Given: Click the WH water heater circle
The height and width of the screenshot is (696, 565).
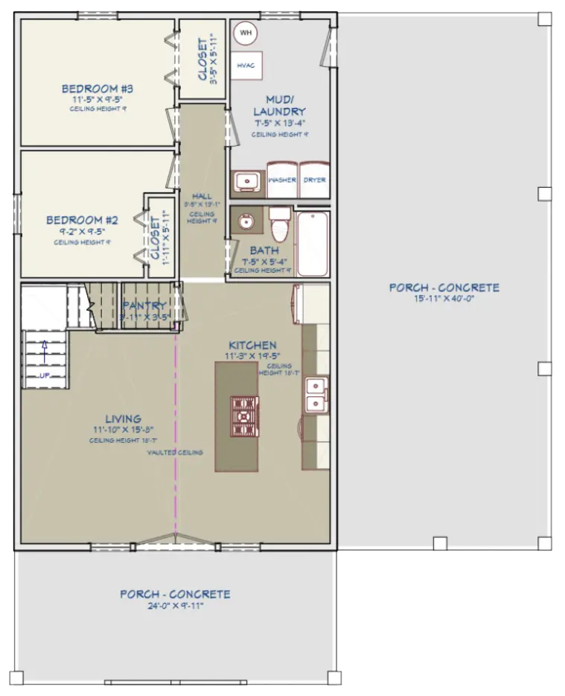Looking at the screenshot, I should point(246,34).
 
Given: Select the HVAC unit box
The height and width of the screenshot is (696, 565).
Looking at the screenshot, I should point(246,66).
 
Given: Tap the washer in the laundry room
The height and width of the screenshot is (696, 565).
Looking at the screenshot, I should point(282,180).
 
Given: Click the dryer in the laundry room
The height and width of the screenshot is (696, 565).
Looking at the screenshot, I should point(314,180).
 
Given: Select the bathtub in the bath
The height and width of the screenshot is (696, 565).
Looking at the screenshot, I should point(313,243).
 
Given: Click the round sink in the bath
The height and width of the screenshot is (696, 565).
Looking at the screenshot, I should point(246,221).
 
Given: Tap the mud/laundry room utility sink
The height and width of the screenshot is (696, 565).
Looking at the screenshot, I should point(246,181).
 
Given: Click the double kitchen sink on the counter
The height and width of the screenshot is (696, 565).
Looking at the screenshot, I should point(316,395).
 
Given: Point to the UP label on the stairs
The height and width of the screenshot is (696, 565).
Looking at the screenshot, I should point(45,375).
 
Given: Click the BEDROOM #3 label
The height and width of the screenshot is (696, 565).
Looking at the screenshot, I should point(103,90).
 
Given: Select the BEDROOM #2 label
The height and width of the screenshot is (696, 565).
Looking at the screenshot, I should point(83,220).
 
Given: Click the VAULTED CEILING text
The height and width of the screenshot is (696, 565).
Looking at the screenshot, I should point(175,452).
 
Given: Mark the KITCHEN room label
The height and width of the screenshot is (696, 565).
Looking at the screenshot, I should point(252,345).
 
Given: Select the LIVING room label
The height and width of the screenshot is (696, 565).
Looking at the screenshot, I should point(123,419).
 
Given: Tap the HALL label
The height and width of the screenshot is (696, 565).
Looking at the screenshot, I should point(202,196).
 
